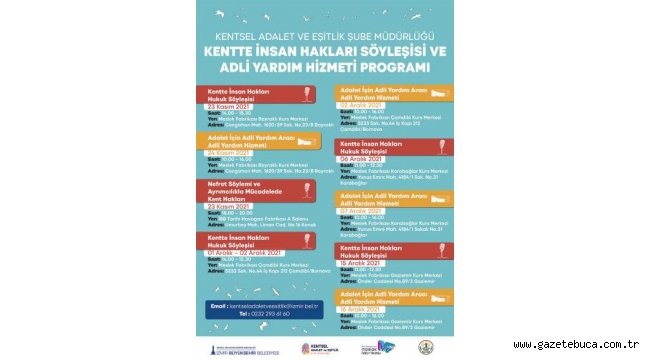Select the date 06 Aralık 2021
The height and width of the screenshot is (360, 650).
coord(361,158)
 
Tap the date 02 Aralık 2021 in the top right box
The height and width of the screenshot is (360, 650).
coord(361,103)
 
